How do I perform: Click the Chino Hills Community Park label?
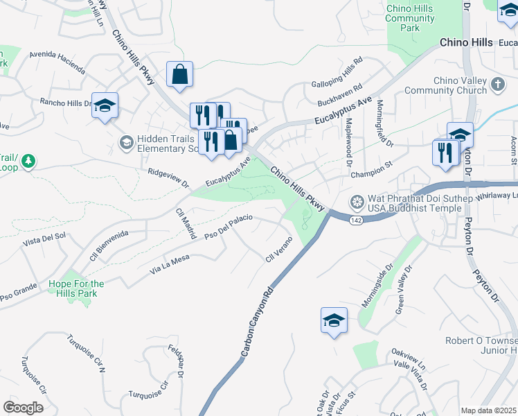pyautogui.click(x=410, y=18)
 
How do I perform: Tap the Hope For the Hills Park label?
pyautogui.click(x=76, y=288)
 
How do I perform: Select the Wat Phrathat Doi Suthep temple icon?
pyautogui.click(x=357, y=202)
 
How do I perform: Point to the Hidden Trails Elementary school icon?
pyautogui.click(x=126, y=143)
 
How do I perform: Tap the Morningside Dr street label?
pyautogui.click(x=377, y=285)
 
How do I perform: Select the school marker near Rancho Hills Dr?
pyautogui.click(x=105, y=105)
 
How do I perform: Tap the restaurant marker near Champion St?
pyautogui.click(x=445, y=152)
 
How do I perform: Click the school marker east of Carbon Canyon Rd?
pyautogui.click(x=334, y=320)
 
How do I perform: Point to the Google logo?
pyautogui.click(x=23, y=407)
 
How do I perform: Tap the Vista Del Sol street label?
pyautogui.click(x=44, y=240)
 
